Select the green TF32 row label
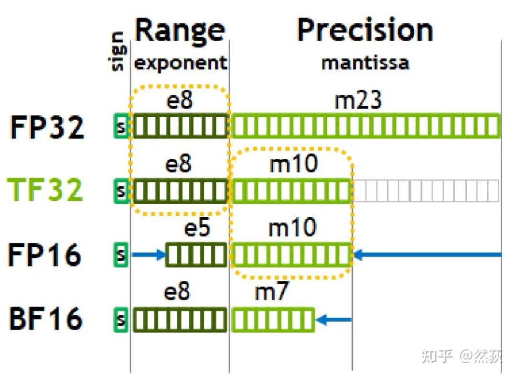tap(46, 189)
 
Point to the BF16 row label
tap(46, 319)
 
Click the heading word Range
tap(180, 30)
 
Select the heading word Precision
tap(365, 30)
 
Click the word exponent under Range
tap(180, 63)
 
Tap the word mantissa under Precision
tap(365, 63)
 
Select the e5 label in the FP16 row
tap(197, 228)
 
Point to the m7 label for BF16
tap(271, 292)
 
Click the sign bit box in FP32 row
tap(121, 127)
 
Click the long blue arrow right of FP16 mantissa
tap(428, 255)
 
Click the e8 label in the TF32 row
tap(178, 165)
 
